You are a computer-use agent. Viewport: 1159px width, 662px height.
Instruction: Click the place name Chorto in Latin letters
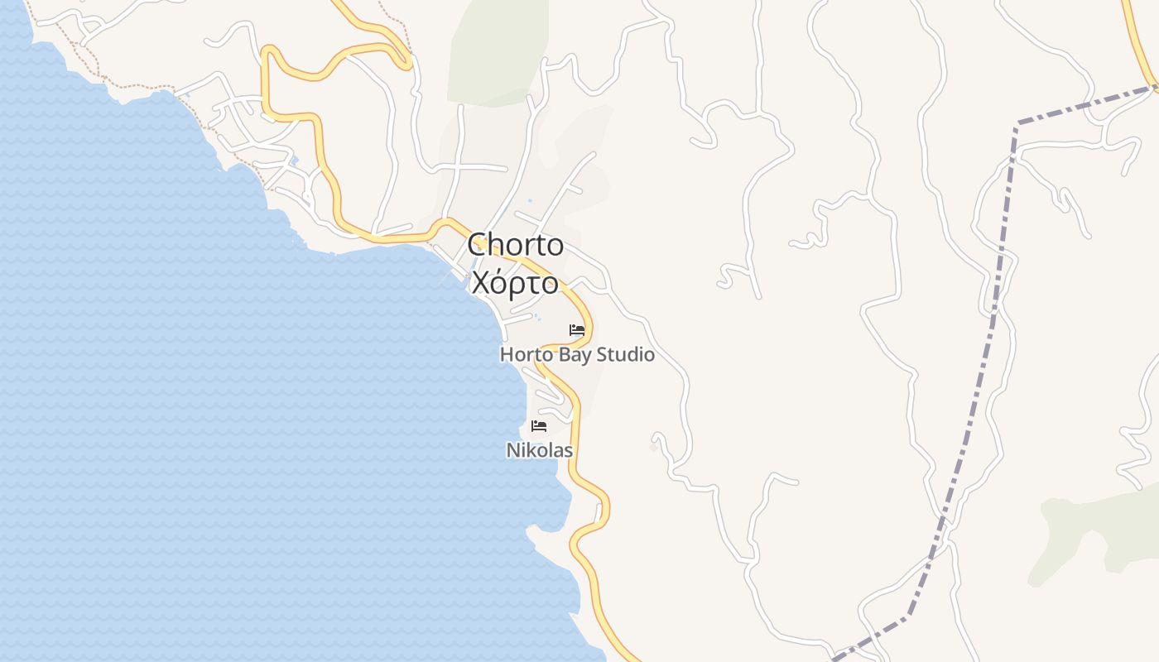pos(515,245)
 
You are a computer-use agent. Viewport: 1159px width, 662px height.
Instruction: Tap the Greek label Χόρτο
pos(515,283)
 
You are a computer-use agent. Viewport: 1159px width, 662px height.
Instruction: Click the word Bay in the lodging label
pos(575,355)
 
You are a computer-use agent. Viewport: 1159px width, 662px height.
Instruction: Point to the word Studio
pos(626,355)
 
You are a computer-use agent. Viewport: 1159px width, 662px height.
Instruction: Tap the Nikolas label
pos(540,451)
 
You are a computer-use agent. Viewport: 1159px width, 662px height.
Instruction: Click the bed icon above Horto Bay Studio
pos(577,330)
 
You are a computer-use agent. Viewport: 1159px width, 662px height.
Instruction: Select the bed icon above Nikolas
pos(539,426)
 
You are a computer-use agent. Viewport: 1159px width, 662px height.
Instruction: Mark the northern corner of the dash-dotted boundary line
pos(1017,124)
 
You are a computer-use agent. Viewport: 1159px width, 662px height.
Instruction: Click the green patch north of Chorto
pos(497,50)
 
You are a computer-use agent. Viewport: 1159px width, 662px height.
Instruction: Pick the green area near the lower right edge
pos(1093,530)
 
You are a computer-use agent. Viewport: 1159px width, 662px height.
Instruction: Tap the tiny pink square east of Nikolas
pos(653,447)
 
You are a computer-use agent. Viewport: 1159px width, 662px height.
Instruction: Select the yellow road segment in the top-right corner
pos(1138,41)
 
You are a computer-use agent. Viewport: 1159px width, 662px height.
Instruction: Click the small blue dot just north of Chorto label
pos(530,200)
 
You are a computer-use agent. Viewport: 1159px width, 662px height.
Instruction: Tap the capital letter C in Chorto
pos(477,245)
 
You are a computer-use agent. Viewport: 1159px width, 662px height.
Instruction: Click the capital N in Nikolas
pos(512,451)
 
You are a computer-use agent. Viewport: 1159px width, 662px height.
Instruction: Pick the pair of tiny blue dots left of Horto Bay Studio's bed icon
pos(536,315)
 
